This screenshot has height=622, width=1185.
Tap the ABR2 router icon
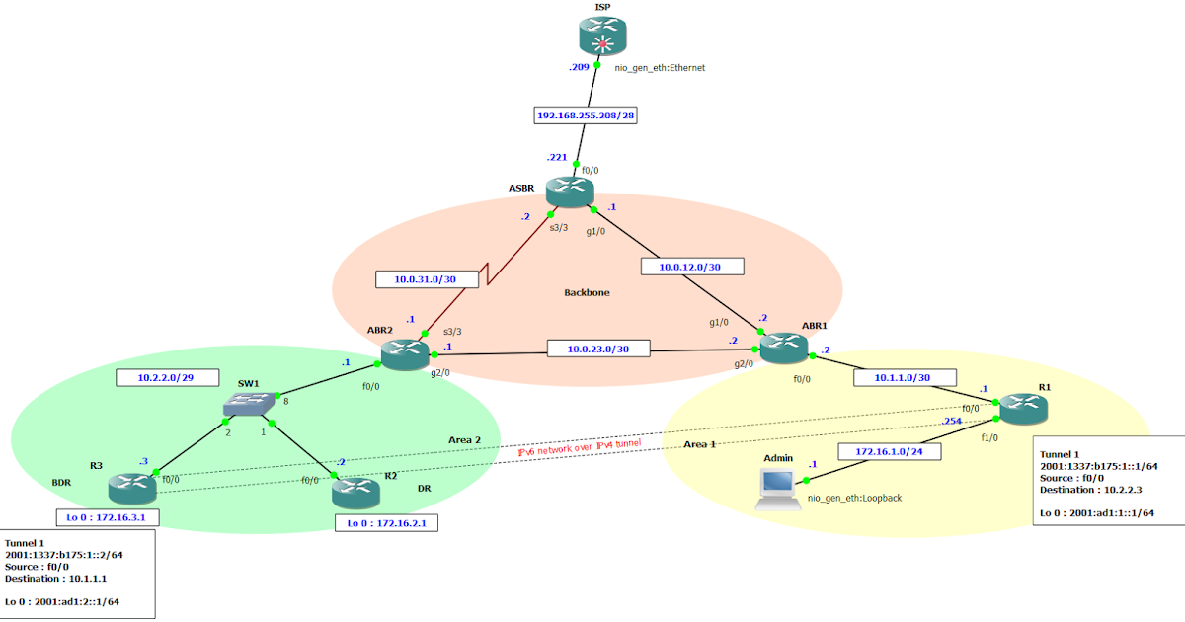[403, 353]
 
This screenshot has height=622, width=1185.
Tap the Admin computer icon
[778, 488]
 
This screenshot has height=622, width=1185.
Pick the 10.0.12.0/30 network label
[692, 266]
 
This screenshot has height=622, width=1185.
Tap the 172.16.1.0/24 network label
[888, 451]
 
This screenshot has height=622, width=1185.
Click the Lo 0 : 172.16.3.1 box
[108, 516]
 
